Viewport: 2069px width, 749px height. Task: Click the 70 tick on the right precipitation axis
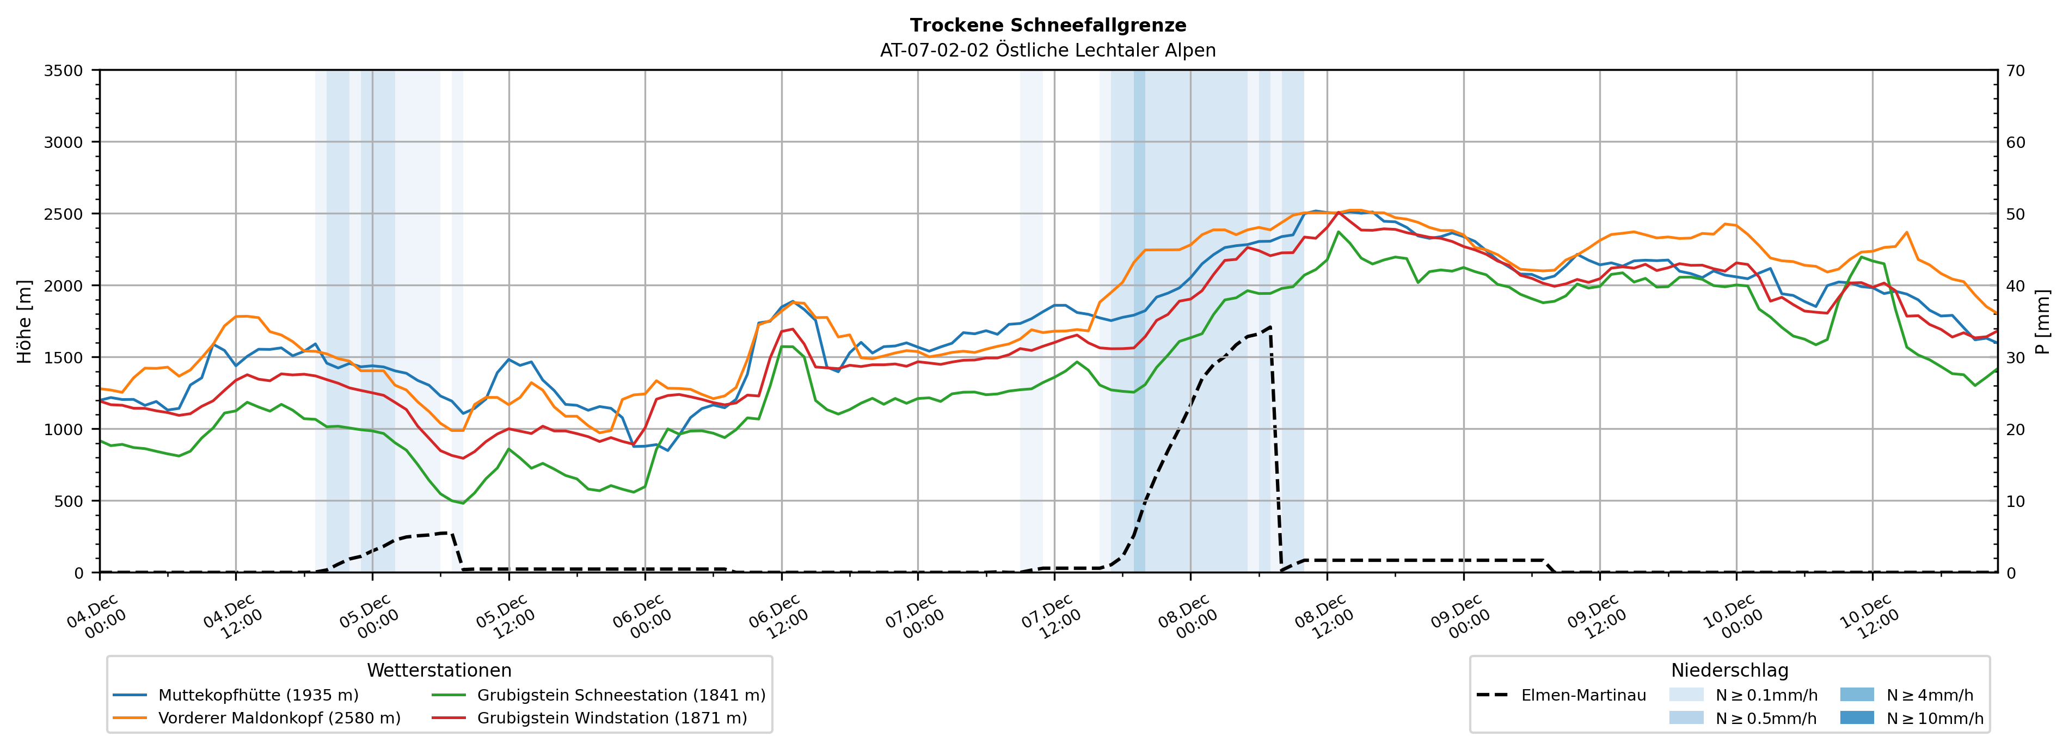pyautogui.click(x=2015, y=71)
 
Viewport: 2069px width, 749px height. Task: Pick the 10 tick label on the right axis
pyautogui.click(x=2015, y=502)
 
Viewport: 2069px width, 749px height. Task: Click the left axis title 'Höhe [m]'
pyautogui.click(x=25, y=321)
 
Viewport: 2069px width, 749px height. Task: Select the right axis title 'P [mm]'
pyautogui.click(x=2043, y=321)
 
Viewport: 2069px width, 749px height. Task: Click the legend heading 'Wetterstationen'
pyautogui.click(x=439, y=670)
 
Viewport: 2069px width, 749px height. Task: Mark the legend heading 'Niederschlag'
pyautogui.click(x=1729, y=670)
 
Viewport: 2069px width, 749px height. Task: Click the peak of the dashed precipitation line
pyautogui.click(x=1270, y=327)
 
